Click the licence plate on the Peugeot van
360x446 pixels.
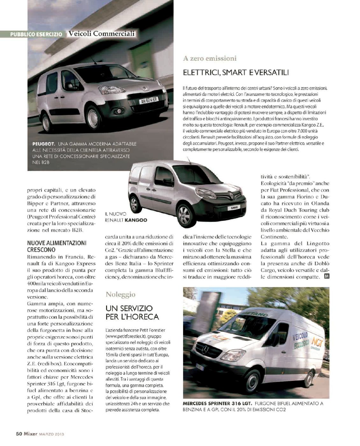pos(148,100)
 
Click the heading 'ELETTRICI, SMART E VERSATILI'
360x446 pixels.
pos(236,73)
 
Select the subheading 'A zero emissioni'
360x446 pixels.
pos(210,58)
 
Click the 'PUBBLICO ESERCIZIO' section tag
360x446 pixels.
pos(36,34)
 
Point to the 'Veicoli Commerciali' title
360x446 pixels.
pos(102,33)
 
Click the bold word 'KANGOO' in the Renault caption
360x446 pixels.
pos(136,220)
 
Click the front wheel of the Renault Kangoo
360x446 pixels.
pos(185,214)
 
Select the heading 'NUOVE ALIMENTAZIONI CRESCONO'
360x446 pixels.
pos(57,246)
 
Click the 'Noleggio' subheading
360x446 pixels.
pos(120,294)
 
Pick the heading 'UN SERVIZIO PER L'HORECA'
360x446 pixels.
pos(132,313)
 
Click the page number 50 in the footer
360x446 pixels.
pos(19,434)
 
